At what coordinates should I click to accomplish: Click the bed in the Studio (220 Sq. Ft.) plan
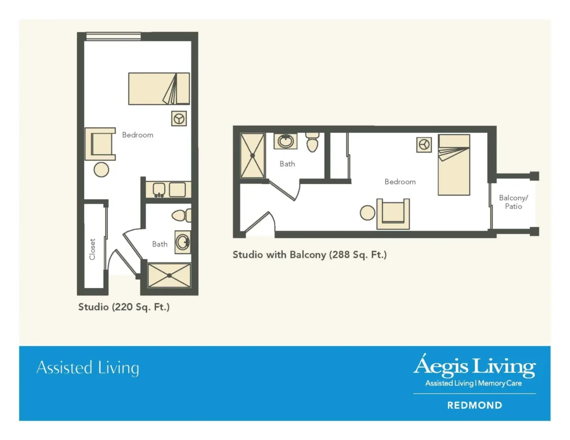159,88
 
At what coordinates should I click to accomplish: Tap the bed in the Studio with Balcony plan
454,165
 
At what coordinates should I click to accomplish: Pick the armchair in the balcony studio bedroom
393,214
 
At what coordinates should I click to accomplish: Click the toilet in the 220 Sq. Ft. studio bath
180,215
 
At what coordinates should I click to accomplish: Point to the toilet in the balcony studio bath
312,142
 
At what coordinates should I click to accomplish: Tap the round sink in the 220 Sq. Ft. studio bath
183,241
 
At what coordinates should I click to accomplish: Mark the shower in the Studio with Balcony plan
252,156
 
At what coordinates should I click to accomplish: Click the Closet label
92,249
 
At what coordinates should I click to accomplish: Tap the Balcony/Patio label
513,202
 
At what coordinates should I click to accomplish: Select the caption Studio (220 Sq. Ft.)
124,306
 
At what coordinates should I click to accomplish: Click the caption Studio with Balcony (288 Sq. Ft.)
309,255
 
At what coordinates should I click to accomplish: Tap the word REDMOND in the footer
474,406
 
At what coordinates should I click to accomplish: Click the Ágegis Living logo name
474,367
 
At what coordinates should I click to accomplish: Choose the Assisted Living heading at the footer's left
87,368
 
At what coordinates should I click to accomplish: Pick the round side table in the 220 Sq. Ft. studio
101,170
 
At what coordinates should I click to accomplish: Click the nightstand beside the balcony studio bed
424,145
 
